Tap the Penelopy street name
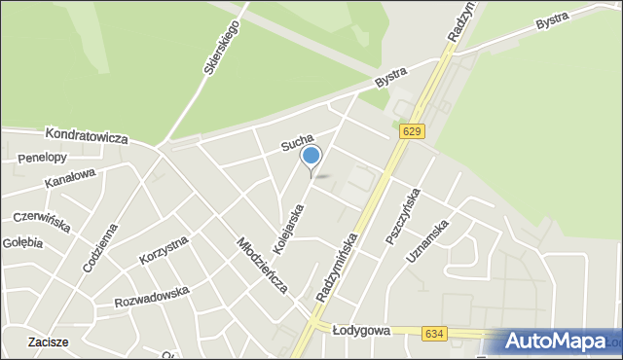[x=42, y=158]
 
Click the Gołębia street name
[x=22, y=242]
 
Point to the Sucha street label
[x=297, y=144]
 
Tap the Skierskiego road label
[x=222, y=49]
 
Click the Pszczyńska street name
[x=401, y=216]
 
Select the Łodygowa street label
[x=361, y=331]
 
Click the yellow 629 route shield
[x=411, y=131]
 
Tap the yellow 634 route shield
[x=435, y=333]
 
